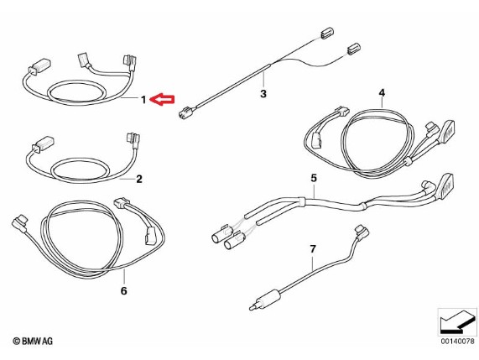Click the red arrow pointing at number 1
(162, 100)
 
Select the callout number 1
(143, 99)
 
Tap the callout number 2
(139, 179)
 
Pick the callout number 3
(263, 93)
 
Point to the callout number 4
(382, 92)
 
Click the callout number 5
(314, 178)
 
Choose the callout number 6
(123, 290)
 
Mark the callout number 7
(313, 249)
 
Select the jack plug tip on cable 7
(252, 308)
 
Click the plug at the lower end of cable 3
(185, 112)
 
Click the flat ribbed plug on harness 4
(446, 132)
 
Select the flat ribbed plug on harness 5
(445, 186)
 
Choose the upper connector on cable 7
(362, 232)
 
